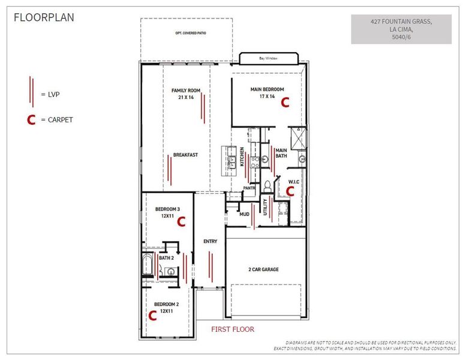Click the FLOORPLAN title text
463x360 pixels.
44,17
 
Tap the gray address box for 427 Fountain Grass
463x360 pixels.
401,29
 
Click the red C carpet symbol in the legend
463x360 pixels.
30,121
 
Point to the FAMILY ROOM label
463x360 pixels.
186,94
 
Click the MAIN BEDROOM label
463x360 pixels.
267,92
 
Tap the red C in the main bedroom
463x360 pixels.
285,103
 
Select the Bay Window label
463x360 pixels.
268,58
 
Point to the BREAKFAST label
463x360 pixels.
185,155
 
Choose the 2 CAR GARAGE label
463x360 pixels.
264,269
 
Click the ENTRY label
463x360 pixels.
210,241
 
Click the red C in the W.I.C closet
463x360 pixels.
290,191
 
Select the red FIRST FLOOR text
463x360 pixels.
233,329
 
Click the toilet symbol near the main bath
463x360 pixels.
267,185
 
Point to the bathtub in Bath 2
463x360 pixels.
147,265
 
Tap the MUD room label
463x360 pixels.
244,214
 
